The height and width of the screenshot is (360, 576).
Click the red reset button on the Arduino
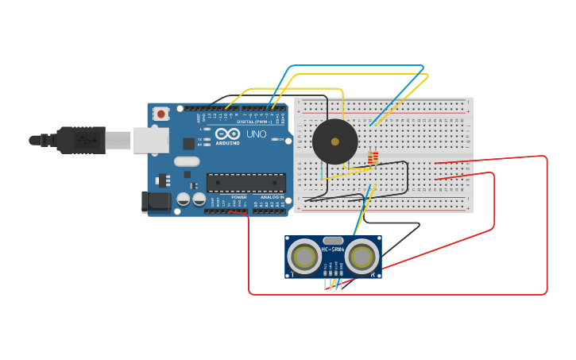(161, 114)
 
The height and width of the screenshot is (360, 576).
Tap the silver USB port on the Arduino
(151, 140)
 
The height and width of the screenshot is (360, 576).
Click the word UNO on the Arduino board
(256, 134)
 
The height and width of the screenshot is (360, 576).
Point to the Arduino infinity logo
(227, 134)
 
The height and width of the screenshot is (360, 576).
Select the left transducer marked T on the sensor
(304, 256)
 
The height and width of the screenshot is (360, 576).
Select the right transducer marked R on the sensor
(362, 256)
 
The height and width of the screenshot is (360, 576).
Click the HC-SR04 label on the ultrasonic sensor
(333, 250)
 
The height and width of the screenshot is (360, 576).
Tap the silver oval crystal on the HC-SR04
(334, 240)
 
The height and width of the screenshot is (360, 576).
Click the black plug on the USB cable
(79, 140)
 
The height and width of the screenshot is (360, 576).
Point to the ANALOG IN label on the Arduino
(270, 196)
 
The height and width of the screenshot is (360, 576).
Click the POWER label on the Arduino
(238, 196)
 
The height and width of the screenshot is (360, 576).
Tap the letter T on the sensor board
(292, 275)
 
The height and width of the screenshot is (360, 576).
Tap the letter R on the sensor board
(373, 275)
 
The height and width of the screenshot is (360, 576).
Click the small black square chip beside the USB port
(189, 144)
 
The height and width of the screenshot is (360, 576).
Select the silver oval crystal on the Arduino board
(187, 161)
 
